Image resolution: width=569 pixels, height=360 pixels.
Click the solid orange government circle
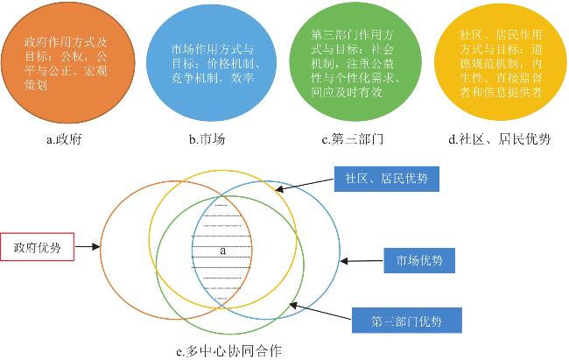pyautogui.click(x=68, y=62)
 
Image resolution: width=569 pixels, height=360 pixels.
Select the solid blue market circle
pyautogui.click(x=211, y=63)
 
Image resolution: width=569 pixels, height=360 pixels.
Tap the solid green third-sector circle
pyautogui.click(x=355, y=62)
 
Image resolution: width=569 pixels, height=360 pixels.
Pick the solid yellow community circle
pyautogui.click(x=501, y=61)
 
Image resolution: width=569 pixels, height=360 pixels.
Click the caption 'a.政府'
pyautogui.click(x=64, y=139)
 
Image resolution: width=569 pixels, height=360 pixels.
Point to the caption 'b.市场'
pyautogui.click(x=207, y=139)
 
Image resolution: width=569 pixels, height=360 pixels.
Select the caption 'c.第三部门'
pyautogui.click(x=353, y=139)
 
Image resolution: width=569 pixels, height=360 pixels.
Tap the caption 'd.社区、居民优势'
pyautogui.click(x=500, y=139)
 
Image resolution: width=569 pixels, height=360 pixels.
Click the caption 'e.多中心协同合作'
pyautogui.click(x=228, y=351)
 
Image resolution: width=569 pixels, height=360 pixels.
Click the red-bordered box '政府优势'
pyautogui.click(x=38, y=247)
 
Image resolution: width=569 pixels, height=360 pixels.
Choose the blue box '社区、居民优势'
pyautogui.click(x=386, y=179)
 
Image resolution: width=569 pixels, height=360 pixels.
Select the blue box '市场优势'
pyautogui.click(x=419, y=260)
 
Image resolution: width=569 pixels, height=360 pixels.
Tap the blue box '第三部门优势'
pyautogui.click(x=406, y=321)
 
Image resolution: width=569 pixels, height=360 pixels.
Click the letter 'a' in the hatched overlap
pyautogui.click(x=223, y=251)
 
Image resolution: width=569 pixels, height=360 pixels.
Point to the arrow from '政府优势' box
pyautogui.click(x=87, y=247)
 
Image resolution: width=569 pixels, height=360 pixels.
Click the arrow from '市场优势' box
pyautogui.click(x=362, y=261)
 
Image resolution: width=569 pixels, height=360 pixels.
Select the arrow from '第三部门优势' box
pyautogui.click(x=320, y=312)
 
